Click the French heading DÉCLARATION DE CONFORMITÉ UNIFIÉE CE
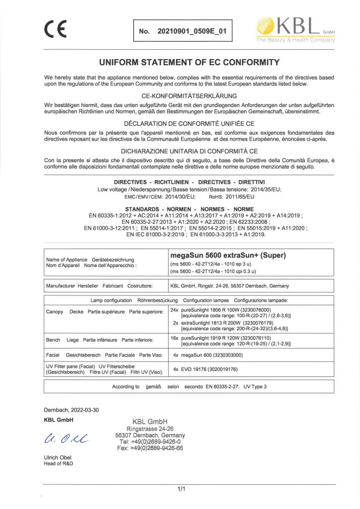(180, 122)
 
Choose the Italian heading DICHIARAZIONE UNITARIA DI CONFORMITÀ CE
(180, 150)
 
